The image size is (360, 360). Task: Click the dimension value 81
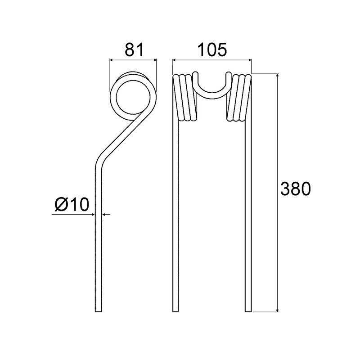coord(133,50)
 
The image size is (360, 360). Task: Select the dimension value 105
coord(211,50)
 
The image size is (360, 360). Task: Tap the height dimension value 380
coord(295,189)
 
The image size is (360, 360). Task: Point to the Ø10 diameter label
coord(72,205)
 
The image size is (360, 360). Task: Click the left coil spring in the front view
coord(184,98)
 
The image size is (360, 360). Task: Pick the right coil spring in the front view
coord(239,98)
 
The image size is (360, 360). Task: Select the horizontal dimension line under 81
coord(133,59)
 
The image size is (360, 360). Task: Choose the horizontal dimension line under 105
coord(211,59)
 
